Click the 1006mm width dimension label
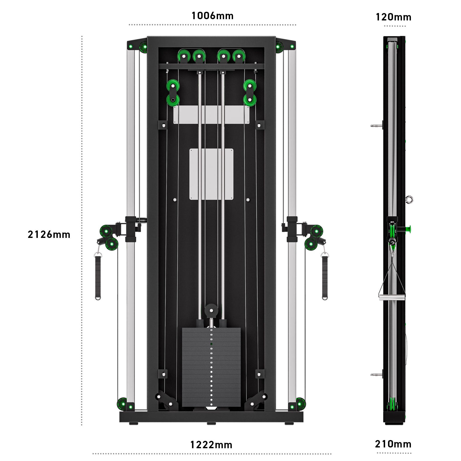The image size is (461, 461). click(212, 16)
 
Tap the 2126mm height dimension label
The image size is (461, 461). click(49, 234)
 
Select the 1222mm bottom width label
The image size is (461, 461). click(211, 445)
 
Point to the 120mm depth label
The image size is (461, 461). click(393, 17)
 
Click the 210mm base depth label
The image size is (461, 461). click(393, 444)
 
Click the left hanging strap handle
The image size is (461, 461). click(98, 277)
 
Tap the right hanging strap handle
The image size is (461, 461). click(325, 277)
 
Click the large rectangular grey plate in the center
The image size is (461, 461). click(211, 174)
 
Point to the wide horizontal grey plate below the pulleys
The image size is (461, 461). click(211, 115)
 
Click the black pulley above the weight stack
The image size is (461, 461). click(211, 310)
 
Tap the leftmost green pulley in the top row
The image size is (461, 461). click(184, 56)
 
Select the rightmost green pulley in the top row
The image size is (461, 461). click(239, 56)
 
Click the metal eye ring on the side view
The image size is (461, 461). click(409, 199)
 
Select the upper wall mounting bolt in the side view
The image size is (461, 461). click(376, 126)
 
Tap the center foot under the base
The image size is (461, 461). click(211, 424)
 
